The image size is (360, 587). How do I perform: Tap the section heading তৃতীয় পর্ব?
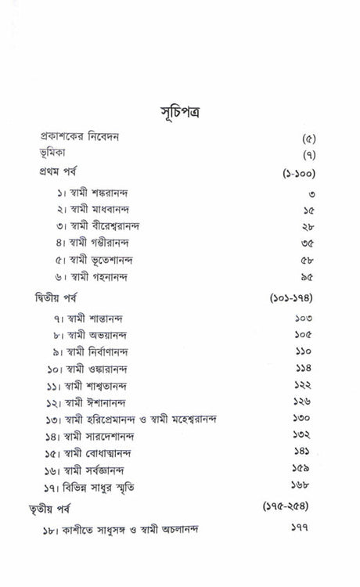[x=58, y=510]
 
